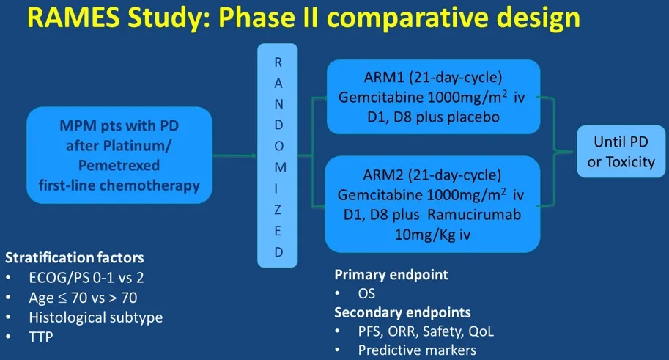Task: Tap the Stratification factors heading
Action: pos(75,258)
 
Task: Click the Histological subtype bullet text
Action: pos(96,317)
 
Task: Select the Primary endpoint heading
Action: pos(391,275)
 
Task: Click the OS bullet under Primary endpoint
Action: pos(367,294)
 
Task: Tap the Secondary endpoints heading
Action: pos(402,312)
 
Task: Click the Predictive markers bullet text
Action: pos(417,350)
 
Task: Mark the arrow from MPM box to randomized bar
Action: pos(234,155)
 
